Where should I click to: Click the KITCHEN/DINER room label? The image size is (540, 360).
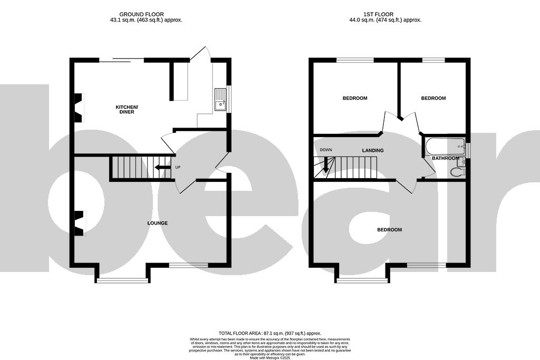pyautogui.click(x=127, y=109)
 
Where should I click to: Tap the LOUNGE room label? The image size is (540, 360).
pyautogui.click(x=157, y=223)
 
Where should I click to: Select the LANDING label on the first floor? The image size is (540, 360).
pyautogui.click(x=372, y=151)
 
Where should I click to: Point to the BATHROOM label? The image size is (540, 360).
pyautogui.click(x=445, y=158)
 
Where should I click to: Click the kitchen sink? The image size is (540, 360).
pyautogui.click(x=220, y=100)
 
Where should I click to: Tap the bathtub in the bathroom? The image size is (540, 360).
pyautogui.click(x=445, y=145)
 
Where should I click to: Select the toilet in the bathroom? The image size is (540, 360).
pyautogui.click(x=457, y=171)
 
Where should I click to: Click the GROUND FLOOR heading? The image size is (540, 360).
pyautogui.click(x=141, y=14)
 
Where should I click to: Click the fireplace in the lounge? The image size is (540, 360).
pyautogui.click(x=79, y=223)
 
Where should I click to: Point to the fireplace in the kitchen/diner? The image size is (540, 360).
pyautogui.click(x=79, y=108)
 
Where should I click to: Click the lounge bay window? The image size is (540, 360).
pyautogui.click(x=122, y=280)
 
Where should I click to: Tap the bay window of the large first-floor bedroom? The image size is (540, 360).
pyautogui.click(x=362, y=280)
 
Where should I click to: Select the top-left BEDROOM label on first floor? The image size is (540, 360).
pyautogui.click(x=355, y=98)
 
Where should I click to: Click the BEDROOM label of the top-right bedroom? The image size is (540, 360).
pyautogui.click(x=433, y=98)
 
